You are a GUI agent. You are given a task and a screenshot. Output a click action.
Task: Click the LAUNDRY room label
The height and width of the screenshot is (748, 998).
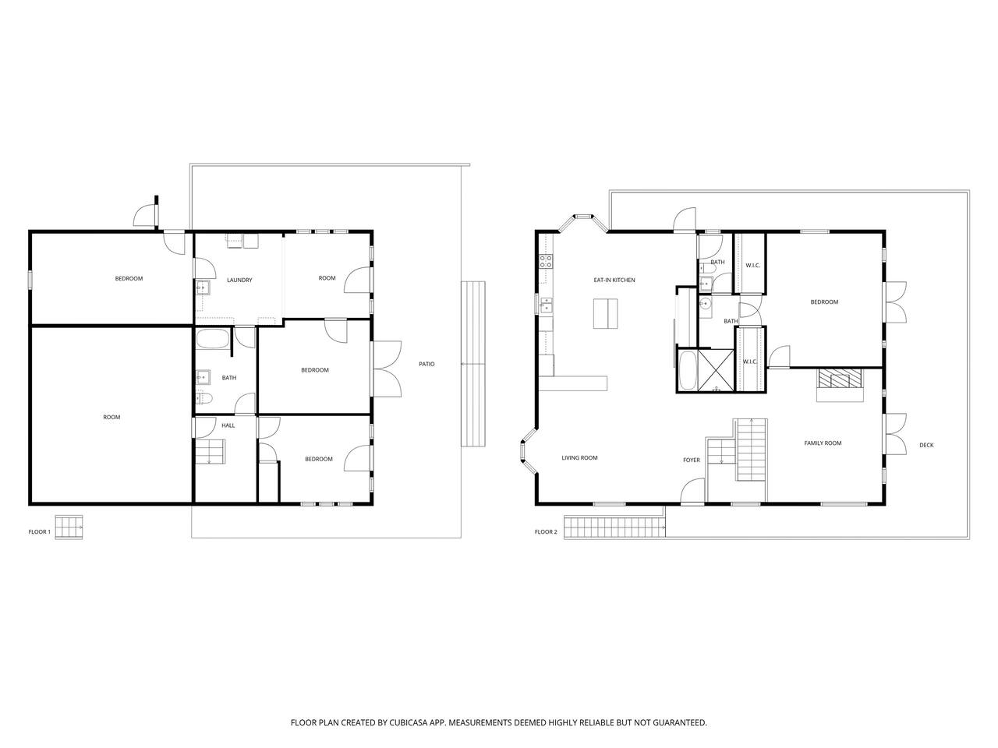(239, 280)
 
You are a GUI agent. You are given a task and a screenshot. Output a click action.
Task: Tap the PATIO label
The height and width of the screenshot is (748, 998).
(426, 364)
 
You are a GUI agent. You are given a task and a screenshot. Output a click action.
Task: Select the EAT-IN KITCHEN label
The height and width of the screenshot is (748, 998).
(614, 280)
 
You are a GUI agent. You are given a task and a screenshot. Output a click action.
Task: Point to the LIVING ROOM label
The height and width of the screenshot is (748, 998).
(579, 458)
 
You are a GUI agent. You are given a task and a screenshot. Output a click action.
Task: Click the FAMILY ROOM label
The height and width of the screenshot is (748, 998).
(823, 443)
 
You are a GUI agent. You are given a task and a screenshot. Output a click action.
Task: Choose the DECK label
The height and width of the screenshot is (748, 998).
(926, 445)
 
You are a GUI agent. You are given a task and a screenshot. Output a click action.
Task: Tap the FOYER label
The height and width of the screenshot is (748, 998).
(691, 460)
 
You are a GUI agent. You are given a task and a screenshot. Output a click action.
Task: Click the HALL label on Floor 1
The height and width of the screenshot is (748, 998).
(228, 425)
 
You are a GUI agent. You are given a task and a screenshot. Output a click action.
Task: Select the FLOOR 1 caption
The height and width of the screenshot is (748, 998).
(40, 532)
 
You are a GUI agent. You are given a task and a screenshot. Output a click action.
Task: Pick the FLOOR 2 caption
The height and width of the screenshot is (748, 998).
(546, 532)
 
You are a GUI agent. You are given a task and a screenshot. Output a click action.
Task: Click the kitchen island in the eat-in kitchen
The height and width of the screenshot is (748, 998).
(605, 313)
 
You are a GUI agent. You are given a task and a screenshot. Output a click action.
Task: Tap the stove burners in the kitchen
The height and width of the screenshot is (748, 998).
(546, 261)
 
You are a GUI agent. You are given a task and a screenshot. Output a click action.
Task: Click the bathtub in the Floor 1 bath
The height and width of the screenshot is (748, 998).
(213, 338)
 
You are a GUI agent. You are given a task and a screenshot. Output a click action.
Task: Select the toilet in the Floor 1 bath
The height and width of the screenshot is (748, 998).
(204, 398)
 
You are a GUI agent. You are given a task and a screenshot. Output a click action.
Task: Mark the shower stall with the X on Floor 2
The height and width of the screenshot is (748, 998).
(715, 369)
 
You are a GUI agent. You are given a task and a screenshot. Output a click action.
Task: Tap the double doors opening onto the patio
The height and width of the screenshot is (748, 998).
(387, 369)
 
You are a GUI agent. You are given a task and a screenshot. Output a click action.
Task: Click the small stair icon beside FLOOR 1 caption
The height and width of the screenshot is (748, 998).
(69, 527)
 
